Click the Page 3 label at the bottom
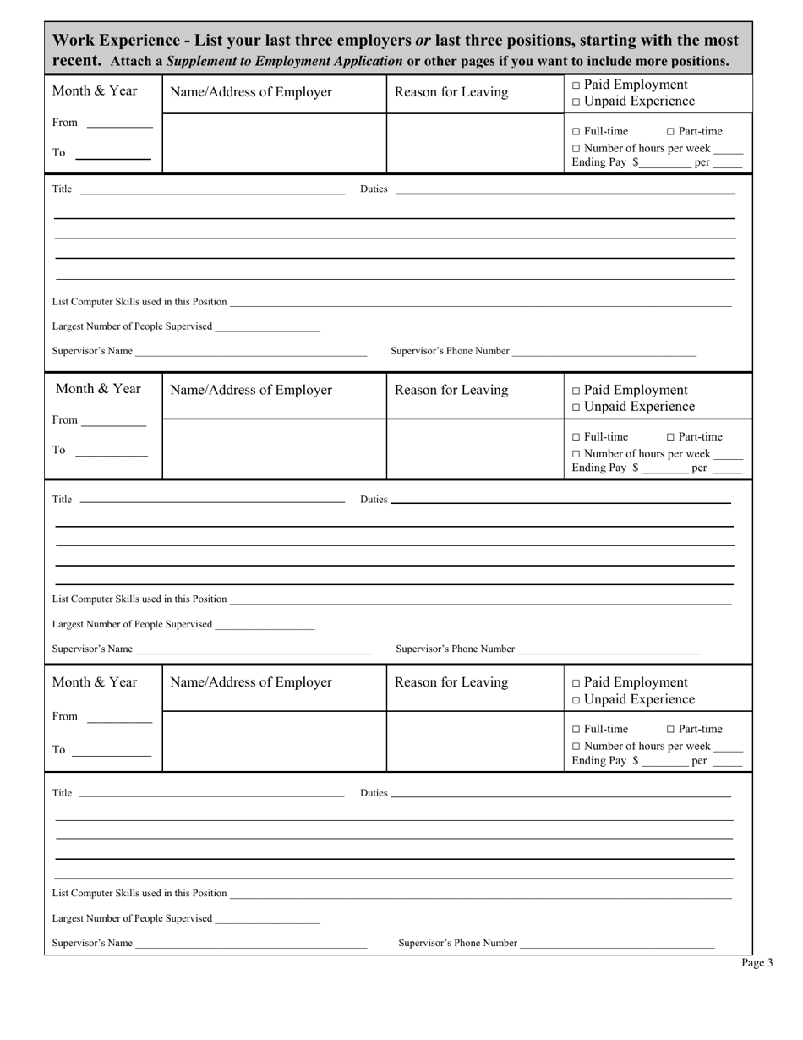[757, 962]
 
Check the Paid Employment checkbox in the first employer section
[576, 85]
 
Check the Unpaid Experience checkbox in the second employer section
[576, 407]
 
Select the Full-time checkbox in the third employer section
[576, 729]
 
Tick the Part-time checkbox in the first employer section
[671, 131]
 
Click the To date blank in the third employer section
[112, 753]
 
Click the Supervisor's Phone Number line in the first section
[604, 353]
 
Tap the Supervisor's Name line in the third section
[251, 945]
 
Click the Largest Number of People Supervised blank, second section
[265, 627]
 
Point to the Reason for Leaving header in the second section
[451, 390]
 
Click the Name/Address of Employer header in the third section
[251, 682]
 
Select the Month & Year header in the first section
[95, 90]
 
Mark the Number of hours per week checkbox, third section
[576, 746]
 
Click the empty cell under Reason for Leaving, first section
[475, 143]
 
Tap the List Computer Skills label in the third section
[139, 893]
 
